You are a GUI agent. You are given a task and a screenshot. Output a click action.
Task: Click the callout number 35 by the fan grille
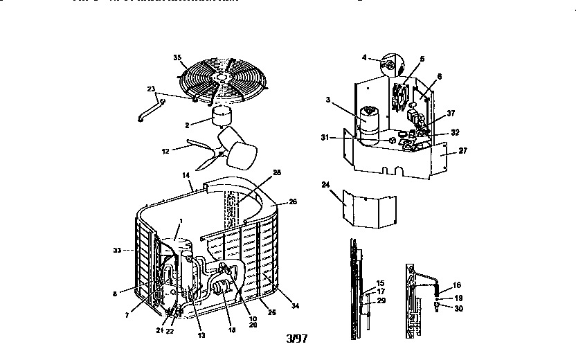[x=177, y=56]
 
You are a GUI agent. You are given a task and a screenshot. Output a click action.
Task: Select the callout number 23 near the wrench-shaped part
[x=151, y=88]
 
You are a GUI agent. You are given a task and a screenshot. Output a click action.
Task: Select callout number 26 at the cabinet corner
[x=293, y=202]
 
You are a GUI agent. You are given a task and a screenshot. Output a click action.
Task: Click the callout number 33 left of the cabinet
[x=118, y=250]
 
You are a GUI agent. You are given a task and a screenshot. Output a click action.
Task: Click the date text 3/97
[x=296, y=339]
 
